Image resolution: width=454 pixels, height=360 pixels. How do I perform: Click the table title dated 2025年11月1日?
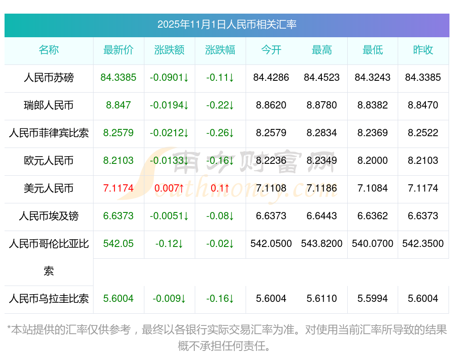tap(227, 25)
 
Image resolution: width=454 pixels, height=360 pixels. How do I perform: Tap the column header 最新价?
tap(118, 50)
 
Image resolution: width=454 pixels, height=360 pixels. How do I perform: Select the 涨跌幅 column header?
tap(220, 50)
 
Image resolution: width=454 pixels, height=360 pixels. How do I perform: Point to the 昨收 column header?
tap(423, 50)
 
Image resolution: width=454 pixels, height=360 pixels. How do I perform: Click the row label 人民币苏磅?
tap(49, 78)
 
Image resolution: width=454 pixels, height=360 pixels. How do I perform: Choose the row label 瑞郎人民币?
tap(49, 105)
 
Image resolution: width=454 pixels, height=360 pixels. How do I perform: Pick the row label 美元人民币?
tap(49, 188)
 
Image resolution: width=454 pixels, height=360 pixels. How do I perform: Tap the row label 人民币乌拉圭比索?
tap(49, 299)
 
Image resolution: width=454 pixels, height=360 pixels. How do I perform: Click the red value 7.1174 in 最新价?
tap(118, 188)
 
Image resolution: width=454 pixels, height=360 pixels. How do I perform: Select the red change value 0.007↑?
tap(169, 188)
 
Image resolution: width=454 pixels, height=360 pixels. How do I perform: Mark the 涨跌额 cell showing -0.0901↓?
tap(169, 78)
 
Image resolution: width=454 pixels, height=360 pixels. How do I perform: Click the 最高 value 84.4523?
tap(322, 78)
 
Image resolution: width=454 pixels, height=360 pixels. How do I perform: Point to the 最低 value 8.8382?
tap(373, 105)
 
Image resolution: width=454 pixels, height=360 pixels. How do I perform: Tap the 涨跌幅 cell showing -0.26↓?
tap(220, 133)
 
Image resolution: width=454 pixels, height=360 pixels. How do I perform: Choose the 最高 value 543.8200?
tap(322, 244)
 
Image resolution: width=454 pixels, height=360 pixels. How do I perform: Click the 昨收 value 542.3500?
tap(423, 244)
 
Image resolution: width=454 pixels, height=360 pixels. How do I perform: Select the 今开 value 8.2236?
tap(271, 161)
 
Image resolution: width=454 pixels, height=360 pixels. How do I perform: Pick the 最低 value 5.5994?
tap(373, 299)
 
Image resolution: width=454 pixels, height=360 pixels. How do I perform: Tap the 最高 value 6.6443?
tap(322, 216)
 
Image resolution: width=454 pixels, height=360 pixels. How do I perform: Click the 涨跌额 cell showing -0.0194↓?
tap(169, 105)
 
